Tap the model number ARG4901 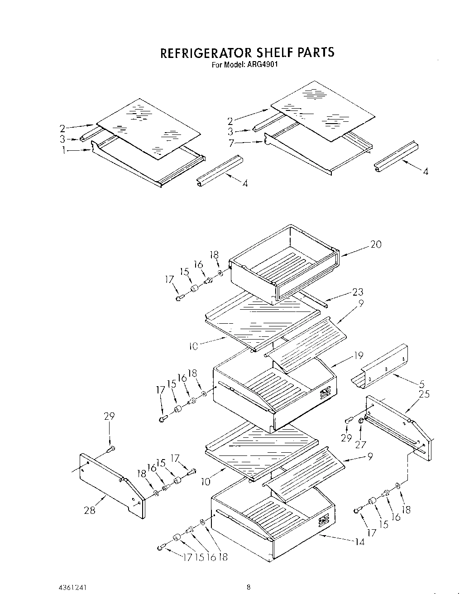[x=262, y=64]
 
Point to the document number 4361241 [x=20, y=587]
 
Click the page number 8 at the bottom [x=249, y=587]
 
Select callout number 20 [x=376, y=244]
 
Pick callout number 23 [x=358, y=292]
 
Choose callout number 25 [x=424, y=394]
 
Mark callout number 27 [x=360, y=445]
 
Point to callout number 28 [x=90, y=510]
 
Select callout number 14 [x=359, y=541]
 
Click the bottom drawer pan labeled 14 [x=272, y=521]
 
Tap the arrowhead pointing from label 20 [x=342, y=255]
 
